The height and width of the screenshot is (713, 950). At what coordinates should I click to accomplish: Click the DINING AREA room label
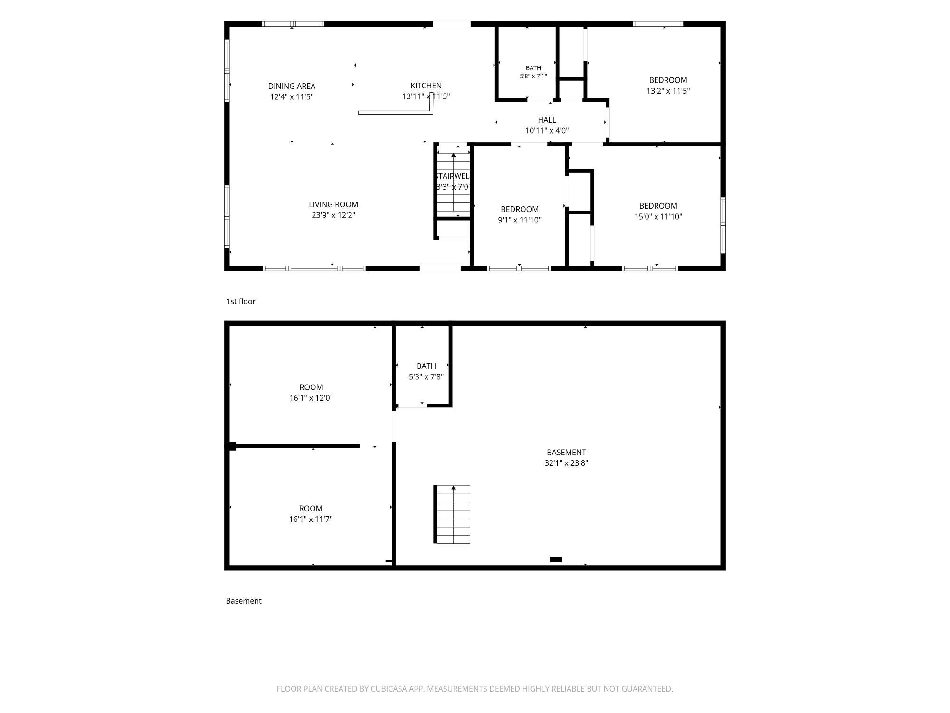pos(292,86)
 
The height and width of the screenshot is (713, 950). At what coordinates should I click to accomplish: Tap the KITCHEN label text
pos(426,86)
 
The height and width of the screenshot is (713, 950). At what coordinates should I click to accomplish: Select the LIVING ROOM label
pos(333,204)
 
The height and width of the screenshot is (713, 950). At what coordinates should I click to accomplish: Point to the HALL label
pos(547,120)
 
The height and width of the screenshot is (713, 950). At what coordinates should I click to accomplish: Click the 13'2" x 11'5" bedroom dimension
pos(668,91)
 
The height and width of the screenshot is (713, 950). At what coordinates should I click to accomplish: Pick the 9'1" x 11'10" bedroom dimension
pos(520,220)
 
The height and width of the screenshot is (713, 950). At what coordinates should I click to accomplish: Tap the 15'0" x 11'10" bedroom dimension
pos(658,216)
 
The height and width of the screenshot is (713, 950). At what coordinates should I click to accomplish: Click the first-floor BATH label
pos(533,68)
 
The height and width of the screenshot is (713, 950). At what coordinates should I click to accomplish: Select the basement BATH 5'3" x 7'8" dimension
pos(426,376)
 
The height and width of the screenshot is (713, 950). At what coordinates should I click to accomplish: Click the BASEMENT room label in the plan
pos(566,452)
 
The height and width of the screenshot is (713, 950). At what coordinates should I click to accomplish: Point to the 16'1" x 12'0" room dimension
pos(311,398)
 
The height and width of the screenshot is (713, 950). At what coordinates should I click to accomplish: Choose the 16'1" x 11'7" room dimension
pos(311,519)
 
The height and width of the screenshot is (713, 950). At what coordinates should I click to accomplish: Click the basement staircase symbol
pos(452,514)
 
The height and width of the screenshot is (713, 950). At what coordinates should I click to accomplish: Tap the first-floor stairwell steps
pos(454,183)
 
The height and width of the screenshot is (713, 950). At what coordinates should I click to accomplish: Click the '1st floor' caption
pos(241,301)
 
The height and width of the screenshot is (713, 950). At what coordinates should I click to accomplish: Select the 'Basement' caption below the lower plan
pos(244,601)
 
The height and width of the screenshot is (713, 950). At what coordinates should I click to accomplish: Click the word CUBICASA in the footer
pos(389,689)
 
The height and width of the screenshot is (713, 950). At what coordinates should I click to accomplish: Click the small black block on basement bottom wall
pos(556,559)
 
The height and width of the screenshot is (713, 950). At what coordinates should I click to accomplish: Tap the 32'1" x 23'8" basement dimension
pos(566,463)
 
